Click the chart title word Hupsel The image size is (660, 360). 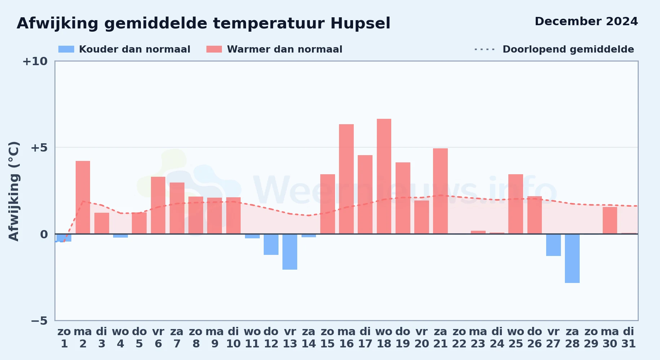point(360,23)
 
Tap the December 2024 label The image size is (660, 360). point(586,21)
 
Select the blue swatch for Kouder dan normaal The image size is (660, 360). point(66,49)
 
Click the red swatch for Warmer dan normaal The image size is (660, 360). point(214,49)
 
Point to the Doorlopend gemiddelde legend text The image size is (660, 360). point(568,49)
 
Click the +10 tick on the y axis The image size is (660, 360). point(35,62)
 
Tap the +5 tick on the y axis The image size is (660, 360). point(39,148)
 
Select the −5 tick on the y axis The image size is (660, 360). point(39,321)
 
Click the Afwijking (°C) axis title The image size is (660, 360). point(14,191)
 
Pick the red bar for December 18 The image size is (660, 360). point(384,176)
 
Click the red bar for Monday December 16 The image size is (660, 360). point(346,179)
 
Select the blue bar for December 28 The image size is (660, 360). point(572,258)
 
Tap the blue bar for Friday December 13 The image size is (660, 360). point(290,252)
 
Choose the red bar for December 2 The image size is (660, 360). point(83,197)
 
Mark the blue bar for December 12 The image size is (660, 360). point(271,244)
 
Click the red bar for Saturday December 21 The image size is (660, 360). point(440,191)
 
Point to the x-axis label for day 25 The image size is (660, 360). point(516,338)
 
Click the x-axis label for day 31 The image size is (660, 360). point(629,338)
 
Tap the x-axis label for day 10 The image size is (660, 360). point(233,338)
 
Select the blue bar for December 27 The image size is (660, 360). point(553,245)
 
